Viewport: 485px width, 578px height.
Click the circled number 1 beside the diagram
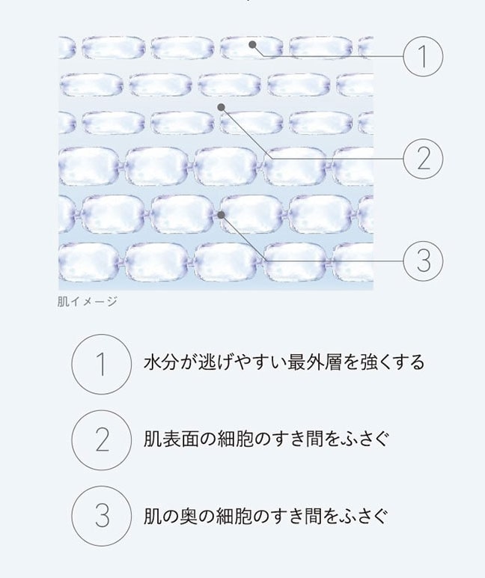pyautogui.click(x=423, y=56)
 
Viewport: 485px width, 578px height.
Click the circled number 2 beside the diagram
pyautogui.click(x=423, y=159)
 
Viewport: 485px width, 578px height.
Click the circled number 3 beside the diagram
pyautogui.click(x=423, y=261)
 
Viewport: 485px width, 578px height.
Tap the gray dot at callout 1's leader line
pyautogui.click(x=252, y=45)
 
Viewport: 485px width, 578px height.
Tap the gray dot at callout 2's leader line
pyautogui.click(x=221, y=107)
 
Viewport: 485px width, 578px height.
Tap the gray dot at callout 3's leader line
pyautogui.click(x=221, y=215)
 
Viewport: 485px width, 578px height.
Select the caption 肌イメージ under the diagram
pyautogui.click(x=88, y=302)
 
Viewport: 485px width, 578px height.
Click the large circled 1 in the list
pyautogui.click(x=101, y=364)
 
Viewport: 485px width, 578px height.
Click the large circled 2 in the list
pyautogui.click(x=101, y=440)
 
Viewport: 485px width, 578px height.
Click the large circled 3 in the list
pyautogui.click(x=101, y=516)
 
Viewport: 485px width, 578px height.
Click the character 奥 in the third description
pyautogui.click(x=188, y=516)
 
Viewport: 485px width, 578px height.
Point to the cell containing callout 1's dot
pyautogui.click(x=251, y=48)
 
